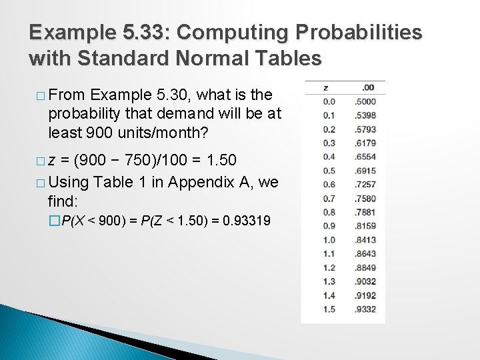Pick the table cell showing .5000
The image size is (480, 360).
coord(366,102)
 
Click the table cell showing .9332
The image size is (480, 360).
coord(366,309)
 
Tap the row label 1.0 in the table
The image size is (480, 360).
coord(329,240)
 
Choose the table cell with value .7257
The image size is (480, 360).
coord(366,185)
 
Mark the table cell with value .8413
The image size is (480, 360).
coord(366,240)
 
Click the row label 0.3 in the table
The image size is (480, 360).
coord(329,143)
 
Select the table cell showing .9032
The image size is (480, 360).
coord(366,281)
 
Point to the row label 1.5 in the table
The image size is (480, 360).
coord(329,309)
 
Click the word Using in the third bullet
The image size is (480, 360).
coord(69,182)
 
